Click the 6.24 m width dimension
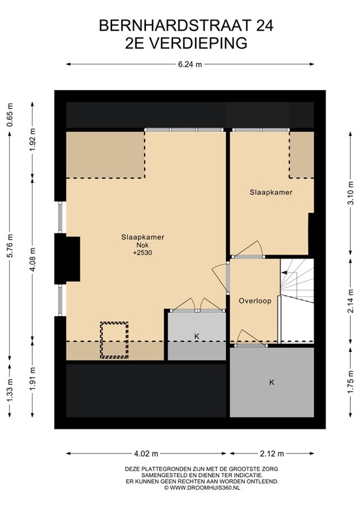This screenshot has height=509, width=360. pyautogui.click(x=189, y=64)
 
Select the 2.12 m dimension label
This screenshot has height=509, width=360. pyautogui.click(x=272, y=454)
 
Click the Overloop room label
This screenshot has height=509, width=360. pyautogui.click(x=255, y=300)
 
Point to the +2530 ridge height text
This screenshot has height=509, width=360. pyautogui.click(x=143, y=253)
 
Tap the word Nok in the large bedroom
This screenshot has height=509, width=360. pyautogui.click(x=143, y=245)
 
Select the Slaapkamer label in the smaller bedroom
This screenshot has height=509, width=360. pyautogui.click(x=271, y=192)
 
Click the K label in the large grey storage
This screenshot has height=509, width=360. pyautogui.click(x=271, y=382)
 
